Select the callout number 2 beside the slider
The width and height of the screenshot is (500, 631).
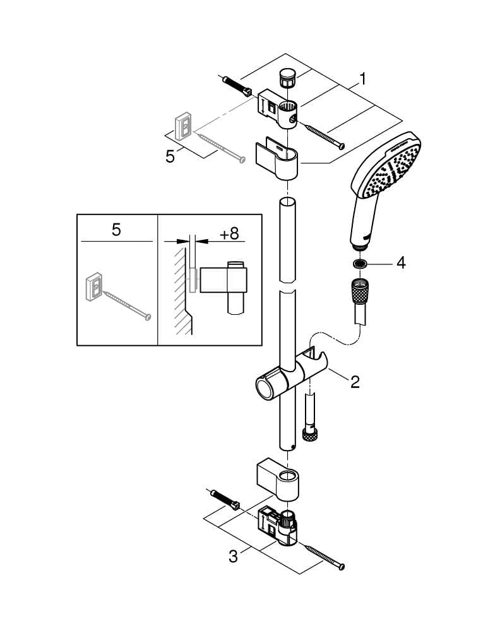click(x=355, y=381)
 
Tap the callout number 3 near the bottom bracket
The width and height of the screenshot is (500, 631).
click(x=233, y=557)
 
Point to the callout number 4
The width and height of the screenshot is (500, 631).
click(x=401, y=263)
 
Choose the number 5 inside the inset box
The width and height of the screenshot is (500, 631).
click(x=116, y=230)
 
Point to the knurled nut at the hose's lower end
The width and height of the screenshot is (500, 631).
click(x=309, y=434)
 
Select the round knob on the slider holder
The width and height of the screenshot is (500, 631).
click(x=263, y=386)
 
